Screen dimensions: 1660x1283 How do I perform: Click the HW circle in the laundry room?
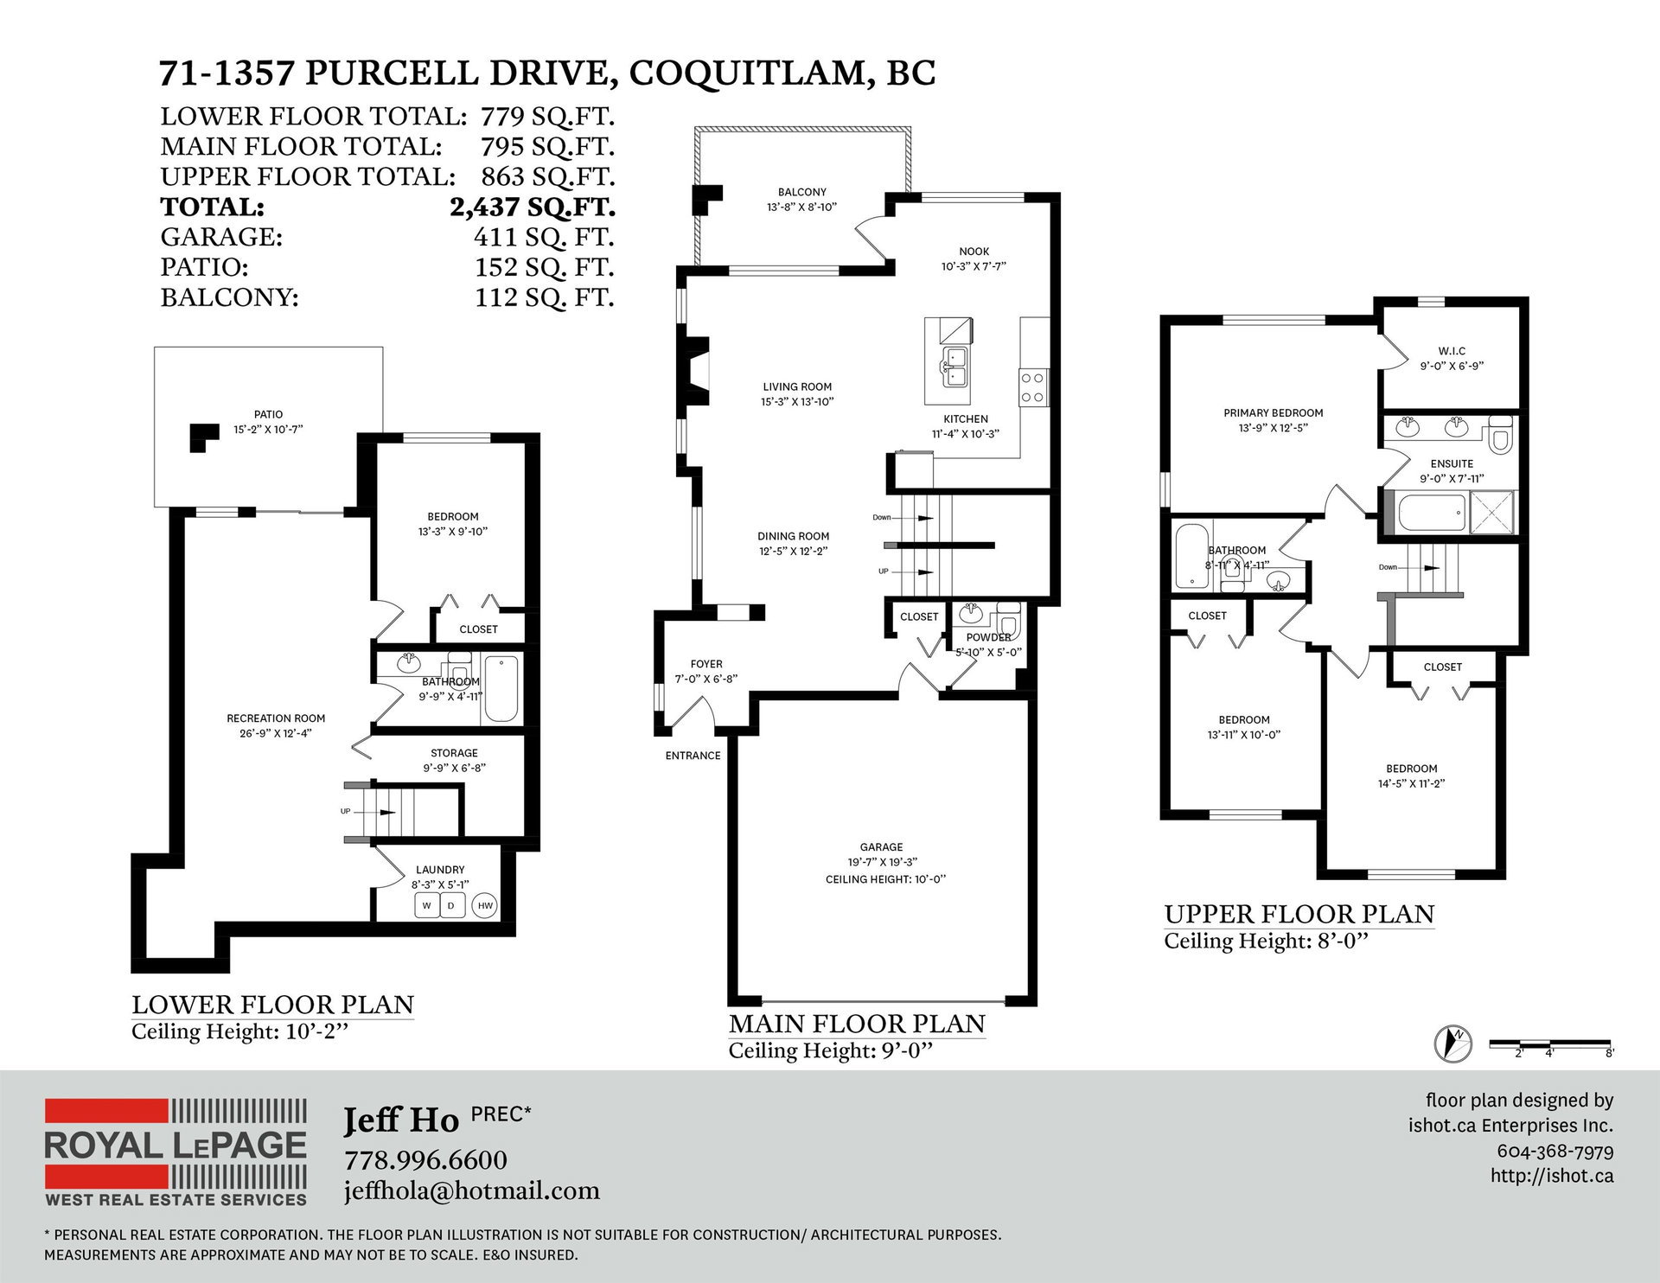(x=485, y=906)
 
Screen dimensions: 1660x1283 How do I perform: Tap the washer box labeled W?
(x=426, y=906)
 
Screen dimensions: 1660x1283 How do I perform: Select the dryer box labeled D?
(x=452, y=906)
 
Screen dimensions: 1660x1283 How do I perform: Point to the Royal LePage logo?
(x=176, y=1152)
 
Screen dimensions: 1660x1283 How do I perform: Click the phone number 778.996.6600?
(x=425, y=1159)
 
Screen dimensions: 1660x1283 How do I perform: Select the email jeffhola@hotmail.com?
(x=472, y=1190)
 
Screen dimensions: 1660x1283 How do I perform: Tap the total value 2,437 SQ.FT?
(x=533, y=207)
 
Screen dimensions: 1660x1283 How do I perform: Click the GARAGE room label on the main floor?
(x=881, y=847)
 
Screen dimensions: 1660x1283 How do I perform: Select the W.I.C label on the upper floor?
(x=1452, y=351)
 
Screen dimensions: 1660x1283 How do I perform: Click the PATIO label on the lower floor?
(x=269, y=414)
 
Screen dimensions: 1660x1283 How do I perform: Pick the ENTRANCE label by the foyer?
(x=693, y=756)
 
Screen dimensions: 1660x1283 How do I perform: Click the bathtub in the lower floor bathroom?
(x=501, y=689)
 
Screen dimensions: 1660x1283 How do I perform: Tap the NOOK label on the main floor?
(x=974, y=252)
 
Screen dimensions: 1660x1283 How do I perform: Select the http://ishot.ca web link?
(x=1552, y=1176)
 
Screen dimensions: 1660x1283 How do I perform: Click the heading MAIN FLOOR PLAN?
(x=857, y=1024)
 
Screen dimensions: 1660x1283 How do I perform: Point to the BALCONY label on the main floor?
(x=802, y=192)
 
